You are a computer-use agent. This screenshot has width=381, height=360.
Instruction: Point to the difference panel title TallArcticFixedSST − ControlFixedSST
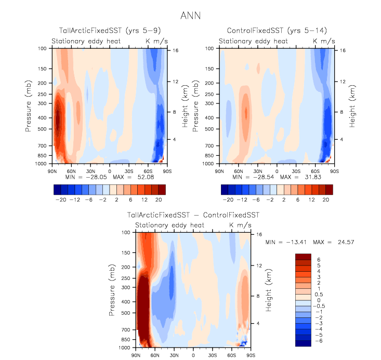click(x=193, y=215)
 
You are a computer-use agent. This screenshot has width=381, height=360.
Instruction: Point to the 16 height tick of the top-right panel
click(x=343, y=50)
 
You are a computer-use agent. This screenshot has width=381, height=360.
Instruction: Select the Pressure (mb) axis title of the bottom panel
click(x=113, y=290)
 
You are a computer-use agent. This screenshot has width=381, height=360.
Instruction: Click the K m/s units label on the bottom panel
click(x=241, y=225)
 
